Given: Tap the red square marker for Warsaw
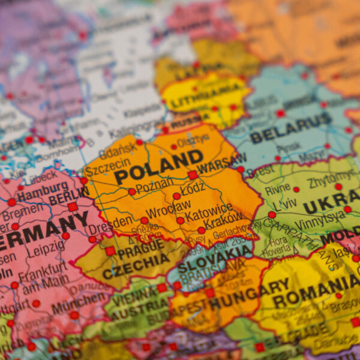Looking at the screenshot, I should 192,175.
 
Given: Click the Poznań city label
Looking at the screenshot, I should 155,187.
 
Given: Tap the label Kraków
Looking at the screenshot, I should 223,217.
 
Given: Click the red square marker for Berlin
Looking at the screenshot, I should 73,206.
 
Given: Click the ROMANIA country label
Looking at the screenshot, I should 316,290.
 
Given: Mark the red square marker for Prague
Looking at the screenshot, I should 110,251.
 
